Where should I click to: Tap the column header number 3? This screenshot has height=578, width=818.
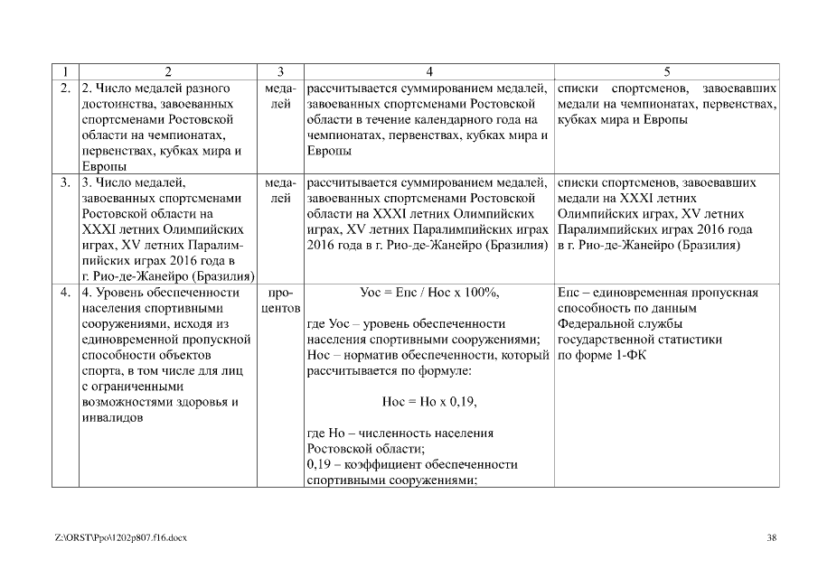click(281, 71)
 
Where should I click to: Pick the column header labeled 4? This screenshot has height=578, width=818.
click(429, 71)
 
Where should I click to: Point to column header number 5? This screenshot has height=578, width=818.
click(666, 71)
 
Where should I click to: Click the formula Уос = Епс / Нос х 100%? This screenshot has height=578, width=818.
click(429, 293)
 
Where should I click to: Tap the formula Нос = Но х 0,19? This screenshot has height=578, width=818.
click(429, 402)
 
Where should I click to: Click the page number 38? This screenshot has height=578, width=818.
click(771, 538)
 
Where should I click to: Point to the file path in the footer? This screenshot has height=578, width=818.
click(120, 538)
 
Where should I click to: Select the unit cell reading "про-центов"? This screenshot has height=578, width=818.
click(281, 301)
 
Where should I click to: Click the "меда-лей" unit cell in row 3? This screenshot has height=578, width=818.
click(281, 191)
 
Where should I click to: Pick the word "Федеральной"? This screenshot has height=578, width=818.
click(598, 324)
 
